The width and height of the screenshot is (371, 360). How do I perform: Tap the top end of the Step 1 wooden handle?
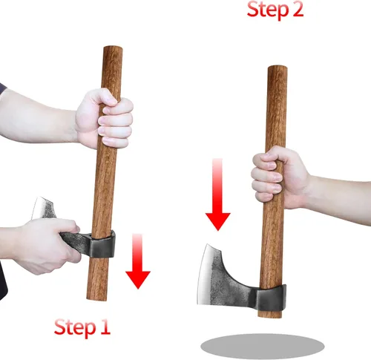[x=111, y=50]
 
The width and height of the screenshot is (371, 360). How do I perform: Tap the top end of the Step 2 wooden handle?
[x=277, y=69]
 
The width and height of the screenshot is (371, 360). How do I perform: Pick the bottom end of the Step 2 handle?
[x=272, y=315]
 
